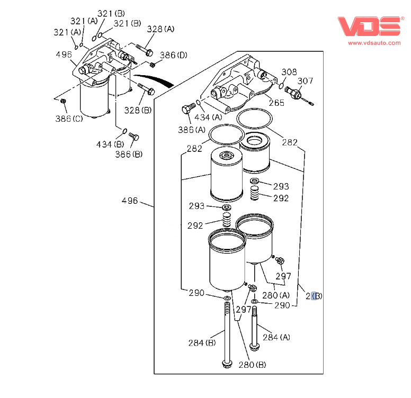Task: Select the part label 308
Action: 289,71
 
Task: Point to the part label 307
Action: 305,81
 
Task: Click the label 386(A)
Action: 193,129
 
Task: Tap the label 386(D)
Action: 174,55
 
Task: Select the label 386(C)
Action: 69,119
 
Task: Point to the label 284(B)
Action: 202,343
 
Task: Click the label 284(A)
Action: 276,337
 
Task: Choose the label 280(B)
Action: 252,365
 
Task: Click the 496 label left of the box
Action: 130,201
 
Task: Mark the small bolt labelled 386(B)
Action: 134,137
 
